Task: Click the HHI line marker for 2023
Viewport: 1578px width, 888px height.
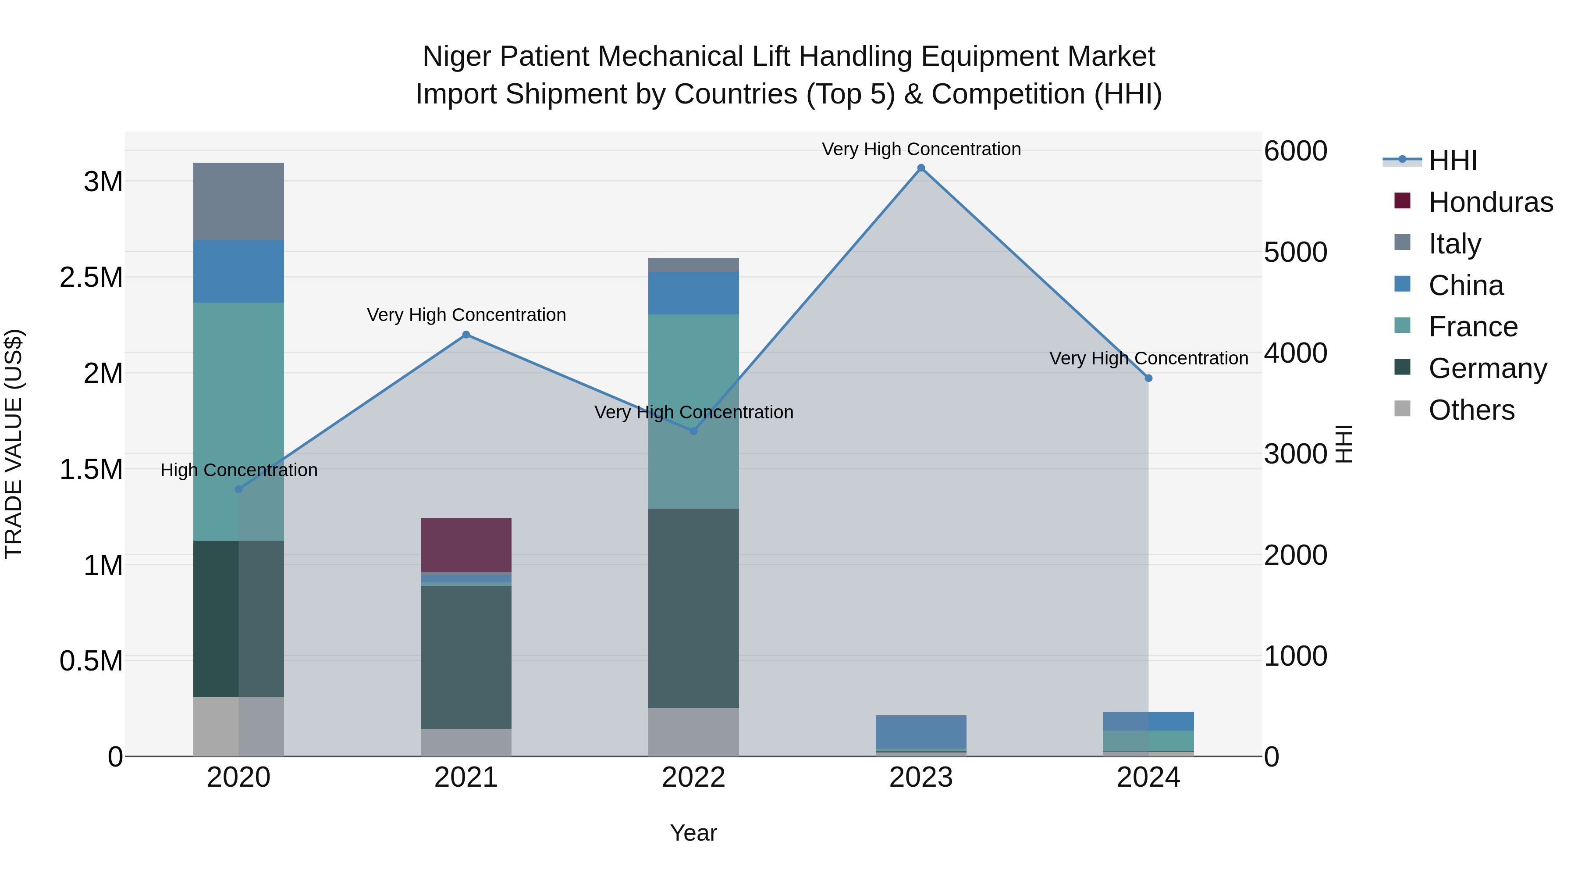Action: (920, 168)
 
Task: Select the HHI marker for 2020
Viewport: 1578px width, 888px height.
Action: (239, 489)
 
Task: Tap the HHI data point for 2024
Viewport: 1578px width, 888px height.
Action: (1148, 378)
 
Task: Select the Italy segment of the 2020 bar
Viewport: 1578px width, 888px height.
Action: (238, 201)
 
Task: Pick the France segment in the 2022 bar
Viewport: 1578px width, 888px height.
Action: (693, 410)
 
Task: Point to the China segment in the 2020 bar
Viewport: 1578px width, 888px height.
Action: (238, 271)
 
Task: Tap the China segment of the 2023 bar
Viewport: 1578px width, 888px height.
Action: (920, 732)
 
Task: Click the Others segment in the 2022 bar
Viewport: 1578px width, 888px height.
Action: (693, 732)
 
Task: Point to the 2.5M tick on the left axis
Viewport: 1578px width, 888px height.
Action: (91, 278)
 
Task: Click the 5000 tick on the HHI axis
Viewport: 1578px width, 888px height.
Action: (1295, 252)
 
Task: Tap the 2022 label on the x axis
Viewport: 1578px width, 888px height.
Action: (693, 777)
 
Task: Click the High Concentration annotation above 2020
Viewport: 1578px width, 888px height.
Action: (239, 470)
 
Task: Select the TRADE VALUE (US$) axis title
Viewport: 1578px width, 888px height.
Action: (14, 444)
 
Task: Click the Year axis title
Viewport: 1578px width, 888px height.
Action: (693, 833)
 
